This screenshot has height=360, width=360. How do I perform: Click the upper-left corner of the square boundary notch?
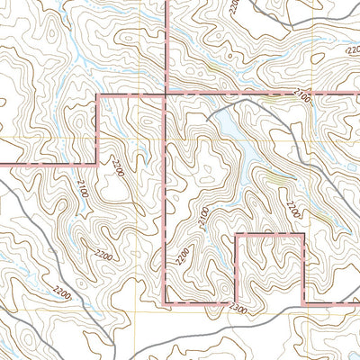[x=236, y=233]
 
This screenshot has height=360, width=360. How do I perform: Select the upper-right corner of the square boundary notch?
[x=304, y=233]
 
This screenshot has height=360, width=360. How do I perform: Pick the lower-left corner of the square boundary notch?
[x=236, y=301]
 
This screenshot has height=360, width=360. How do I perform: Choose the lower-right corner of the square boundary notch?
[x=304, y=301]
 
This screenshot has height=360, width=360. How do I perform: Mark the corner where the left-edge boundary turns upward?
[x=97, y=164]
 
